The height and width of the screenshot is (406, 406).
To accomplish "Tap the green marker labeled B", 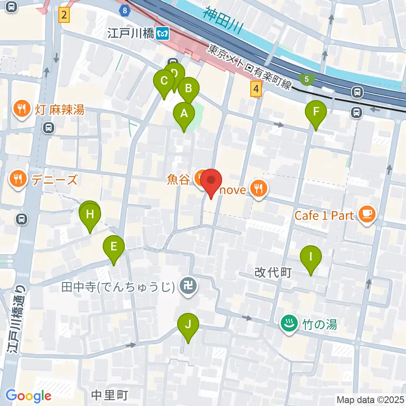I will (x=188, y=88).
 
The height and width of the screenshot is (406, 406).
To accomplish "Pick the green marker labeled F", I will (x=316, y=112).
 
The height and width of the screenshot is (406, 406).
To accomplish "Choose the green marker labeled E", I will (x=114, y=246).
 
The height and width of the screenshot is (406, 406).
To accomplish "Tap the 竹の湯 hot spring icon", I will (x=288, y=325).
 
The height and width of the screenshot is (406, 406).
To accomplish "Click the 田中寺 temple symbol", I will (x=186, y=287).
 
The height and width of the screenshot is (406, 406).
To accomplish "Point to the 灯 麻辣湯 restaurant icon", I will (x=21, y=109).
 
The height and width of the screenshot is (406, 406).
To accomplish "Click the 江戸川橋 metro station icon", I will (x=162, y=33).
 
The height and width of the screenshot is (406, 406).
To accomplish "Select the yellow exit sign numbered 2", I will (x=64, y=16).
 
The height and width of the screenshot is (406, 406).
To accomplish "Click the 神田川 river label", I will (x=223, y=19).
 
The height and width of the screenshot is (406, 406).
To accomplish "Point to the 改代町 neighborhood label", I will (x=273, y=273).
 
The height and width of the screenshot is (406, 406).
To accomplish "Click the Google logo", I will (x=29, y=396).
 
